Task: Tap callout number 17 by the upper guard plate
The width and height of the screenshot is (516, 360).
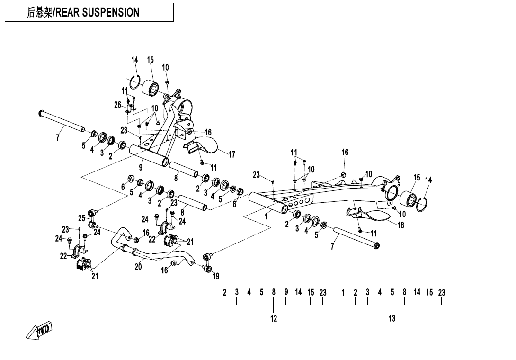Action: (x=232, y=154)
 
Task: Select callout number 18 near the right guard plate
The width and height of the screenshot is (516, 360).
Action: (x=401, y=225)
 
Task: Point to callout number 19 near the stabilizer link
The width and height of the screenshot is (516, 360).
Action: (x=216, y=276)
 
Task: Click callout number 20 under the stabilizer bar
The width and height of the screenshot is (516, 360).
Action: (x=138, y=267)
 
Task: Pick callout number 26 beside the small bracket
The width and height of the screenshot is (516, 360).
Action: (x=118, y=105)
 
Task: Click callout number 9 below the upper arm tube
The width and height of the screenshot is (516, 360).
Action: (x=141, y=167)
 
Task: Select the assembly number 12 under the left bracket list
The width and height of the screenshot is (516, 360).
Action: (x=274, y=319)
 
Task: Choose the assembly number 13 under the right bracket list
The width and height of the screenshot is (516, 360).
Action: (x=392, y=319)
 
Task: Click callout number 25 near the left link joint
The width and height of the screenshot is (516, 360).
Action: (x=82, y=218)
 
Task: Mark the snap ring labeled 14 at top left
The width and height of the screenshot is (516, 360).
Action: (x=134, y=82)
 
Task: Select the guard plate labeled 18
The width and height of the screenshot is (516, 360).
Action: (x=374, y=216)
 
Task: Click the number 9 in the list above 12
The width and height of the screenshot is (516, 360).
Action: (x=286, y=293)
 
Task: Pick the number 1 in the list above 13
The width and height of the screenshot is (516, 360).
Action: (x=343, y=293)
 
